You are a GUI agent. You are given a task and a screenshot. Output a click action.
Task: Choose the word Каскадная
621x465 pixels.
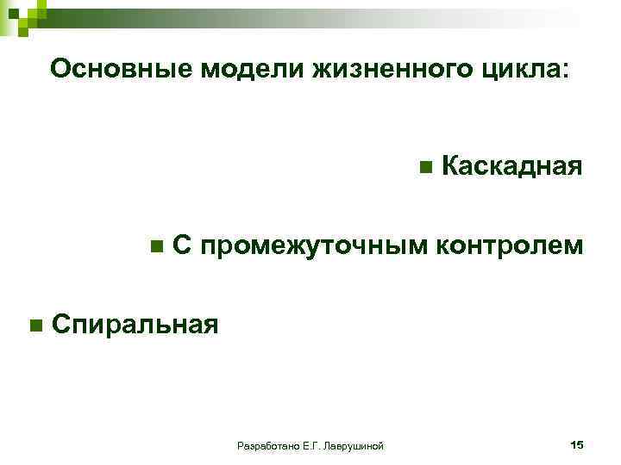(x=511, y=166)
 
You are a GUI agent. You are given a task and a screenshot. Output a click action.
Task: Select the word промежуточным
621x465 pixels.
(x=314, y=246)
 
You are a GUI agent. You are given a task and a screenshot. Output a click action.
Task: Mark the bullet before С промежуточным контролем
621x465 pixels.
(x=155, y=246)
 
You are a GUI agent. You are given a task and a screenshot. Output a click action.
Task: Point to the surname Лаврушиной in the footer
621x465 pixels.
(x=352, y=445)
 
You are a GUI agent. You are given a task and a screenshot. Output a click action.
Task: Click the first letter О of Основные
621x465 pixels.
(x=60, y=69)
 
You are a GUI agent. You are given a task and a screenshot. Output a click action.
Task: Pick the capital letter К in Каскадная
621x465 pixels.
(x=448, y=166)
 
